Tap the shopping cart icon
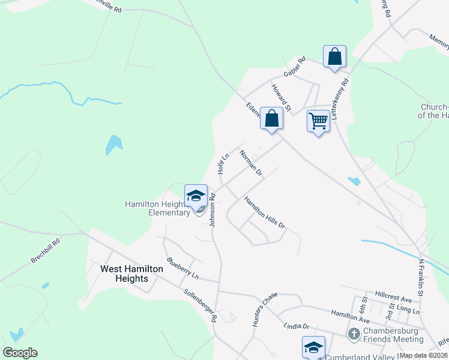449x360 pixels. [x=318, y=121]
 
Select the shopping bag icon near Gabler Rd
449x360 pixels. [x=335, y=57]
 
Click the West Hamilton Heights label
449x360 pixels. [x=131, y=274]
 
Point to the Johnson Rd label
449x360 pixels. [x=212, y=209]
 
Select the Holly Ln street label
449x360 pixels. [x=224, y=164]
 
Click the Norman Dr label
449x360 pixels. [x=251, y=163]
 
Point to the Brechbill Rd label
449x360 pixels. [x=46, y=252]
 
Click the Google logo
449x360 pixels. [x=20, y=353]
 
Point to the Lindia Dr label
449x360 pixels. [x=296, y=326]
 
